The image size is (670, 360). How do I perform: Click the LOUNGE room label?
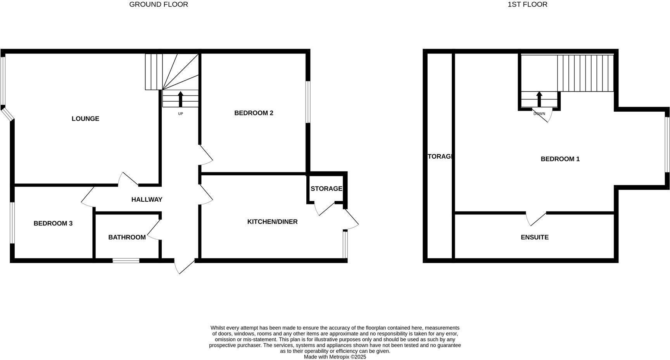pos(85,119)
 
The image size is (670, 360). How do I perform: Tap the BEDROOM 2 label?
pos(254,113)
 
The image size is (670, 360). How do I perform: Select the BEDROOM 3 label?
pos(53,223)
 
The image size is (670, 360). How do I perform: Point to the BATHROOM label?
pos(127,237)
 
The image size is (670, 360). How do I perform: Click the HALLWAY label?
pos(147,199)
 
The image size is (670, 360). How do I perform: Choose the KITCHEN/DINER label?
pos(272,222)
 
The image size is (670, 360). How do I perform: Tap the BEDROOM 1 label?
pos(560,159)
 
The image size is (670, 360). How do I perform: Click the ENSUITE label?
pos(534,237)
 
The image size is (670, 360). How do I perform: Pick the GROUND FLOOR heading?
pos(159,5)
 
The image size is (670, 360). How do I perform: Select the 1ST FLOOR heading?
pos(527,5)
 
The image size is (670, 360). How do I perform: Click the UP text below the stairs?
pos(180,114)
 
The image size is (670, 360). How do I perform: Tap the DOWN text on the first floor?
pos(539,114)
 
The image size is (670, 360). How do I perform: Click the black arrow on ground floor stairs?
pos(180,99)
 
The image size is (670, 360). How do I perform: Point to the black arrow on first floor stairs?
pos(539,99)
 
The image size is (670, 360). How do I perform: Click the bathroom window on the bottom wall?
pos(126,261)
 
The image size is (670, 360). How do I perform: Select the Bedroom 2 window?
pos(308,102)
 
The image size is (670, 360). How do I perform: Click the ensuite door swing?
pos(536,219)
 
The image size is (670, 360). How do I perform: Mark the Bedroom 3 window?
pos(12,223)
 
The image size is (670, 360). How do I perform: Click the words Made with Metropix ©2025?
pos(335,357)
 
